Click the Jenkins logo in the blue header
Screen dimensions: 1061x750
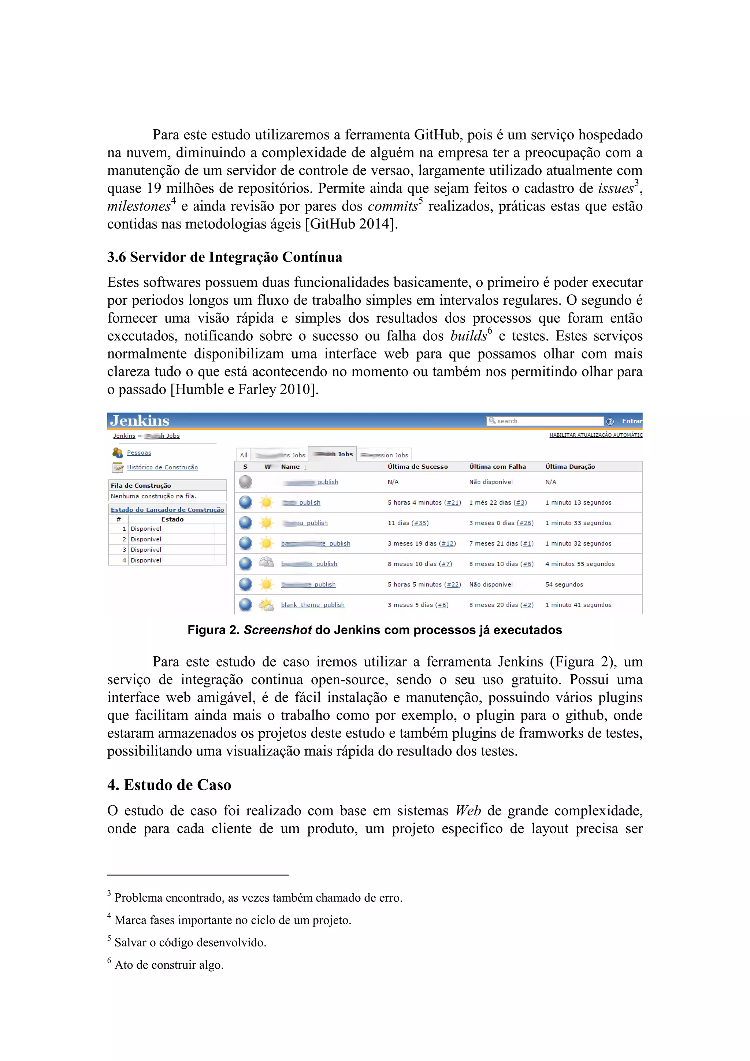tap(140, 420)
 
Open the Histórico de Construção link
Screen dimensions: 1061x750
tap(162, 467)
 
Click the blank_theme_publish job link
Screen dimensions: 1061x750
tap(312, 605)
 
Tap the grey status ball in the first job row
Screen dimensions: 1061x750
tap(245, 482)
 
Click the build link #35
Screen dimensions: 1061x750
tap(420, 523)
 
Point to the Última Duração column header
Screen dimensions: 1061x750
tap(570, 467)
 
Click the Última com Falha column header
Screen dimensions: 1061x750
tap(497, 467)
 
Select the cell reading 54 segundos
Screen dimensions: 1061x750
tap(564, 585)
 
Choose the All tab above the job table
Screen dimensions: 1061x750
tap(244, 455)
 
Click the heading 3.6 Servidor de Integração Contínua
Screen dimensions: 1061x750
tap(224, 257)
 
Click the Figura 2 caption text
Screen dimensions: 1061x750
tap(375, 630)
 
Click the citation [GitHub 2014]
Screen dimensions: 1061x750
tap(351, 224)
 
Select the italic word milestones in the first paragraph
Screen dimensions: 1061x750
tap(139, 207)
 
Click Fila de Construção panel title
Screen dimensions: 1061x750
tap(141, 486)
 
